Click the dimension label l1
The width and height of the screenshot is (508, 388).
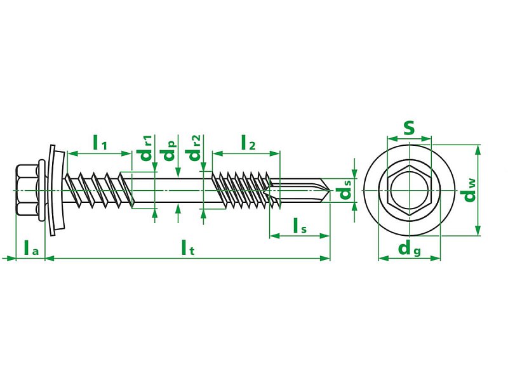100,143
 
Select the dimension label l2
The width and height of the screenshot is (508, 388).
248,143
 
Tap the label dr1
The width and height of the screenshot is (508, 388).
146,148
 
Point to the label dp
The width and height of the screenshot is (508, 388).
170,150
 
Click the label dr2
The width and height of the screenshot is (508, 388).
194,148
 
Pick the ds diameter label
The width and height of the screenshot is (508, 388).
345,190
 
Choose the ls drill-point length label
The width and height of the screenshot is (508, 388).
300,226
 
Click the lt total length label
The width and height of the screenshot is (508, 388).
188,248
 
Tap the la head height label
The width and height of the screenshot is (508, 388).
31,248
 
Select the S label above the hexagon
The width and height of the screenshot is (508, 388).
409,128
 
